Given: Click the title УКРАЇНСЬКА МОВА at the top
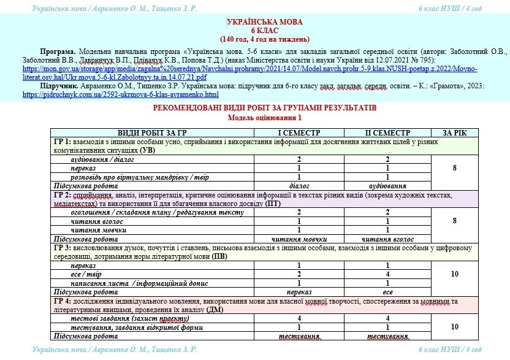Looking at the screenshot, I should coord(255,21).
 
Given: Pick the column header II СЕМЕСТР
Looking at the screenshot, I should coord(387,133).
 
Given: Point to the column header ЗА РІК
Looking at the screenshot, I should coord(454,133).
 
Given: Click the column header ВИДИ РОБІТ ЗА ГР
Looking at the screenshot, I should coord(151,133).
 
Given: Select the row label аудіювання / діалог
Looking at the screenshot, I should coord(102,159).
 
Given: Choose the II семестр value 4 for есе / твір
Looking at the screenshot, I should coord(387,275).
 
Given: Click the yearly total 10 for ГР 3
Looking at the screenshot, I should coord(454,275).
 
